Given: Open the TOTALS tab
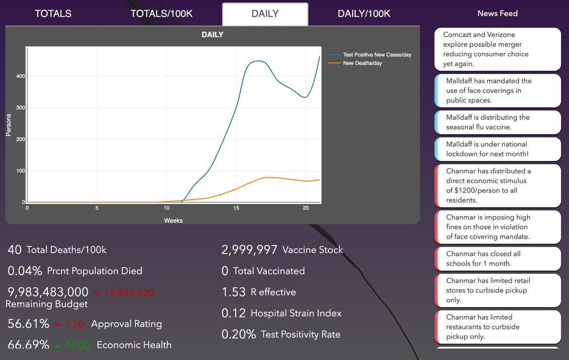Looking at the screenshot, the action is [53, 14].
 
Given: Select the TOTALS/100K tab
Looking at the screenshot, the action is [161, 14].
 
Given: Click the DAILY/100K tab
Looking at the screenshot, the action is [364, 14].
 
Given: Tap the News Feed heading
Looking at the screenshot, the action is [497, 14].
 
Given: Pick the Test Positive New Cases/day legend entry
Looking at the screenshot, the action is [369, 55].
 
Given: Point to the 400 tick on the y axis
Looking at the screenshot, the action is [21, 76].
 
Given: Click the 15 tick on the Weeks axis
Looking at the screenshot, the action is [236, 208].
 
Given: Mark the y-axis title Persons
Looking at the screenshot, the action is [9, 125].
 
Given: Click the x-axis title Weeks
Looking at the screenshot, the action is [174, 220].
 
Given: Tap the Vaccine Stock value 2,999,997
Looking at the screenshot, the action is [249, 250].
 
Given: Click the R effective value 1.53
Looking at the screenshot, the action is [234, 292].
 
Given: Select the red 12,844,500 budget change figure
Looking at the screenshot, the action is [129, 292].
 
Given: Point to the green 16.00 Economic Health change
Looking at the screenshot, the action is [77, 345].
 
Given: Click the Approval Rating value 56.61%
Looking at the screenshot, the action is [29, 323].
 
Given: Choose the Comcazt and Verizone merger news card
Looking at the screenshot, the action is [497, 49].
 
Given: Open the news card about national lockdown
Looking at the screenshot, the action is [497, 149].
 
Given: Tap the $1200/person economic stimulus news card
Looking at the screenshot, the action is [497, 186].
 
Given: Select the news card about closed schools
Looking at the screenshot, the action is [497, 259].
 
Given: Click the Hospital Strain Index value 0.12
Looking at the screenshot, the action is [234, 313].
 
